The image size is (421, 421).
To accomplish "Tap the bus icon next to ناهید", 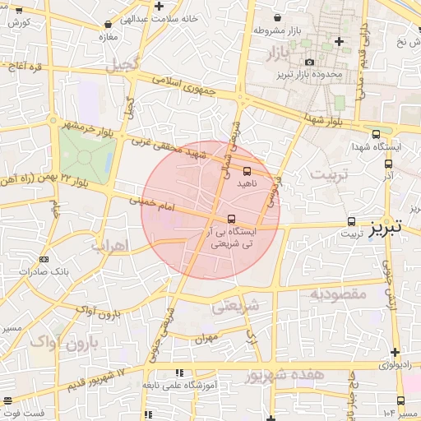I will coord(248,170).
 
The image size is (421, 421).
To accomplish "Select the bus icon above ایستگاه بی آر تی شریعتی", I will coord(231,219).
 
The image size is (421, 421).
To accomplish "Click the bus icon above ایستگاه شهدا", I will coord(376,134).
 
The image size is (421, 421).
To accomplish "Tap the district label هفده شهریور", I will coord(285,374).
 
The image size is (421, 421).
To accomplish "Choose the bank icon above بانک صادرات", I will coord(57,257).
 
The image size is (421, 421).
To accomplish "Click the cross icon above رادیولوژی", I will coord(396,351).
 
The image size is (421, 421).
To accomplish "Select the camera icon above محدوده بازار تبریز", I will coord(309,62).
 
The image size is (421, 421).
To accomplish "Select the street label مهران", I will coord(206,337).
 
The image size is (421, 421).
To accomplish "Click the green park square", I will coord(87,155).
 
